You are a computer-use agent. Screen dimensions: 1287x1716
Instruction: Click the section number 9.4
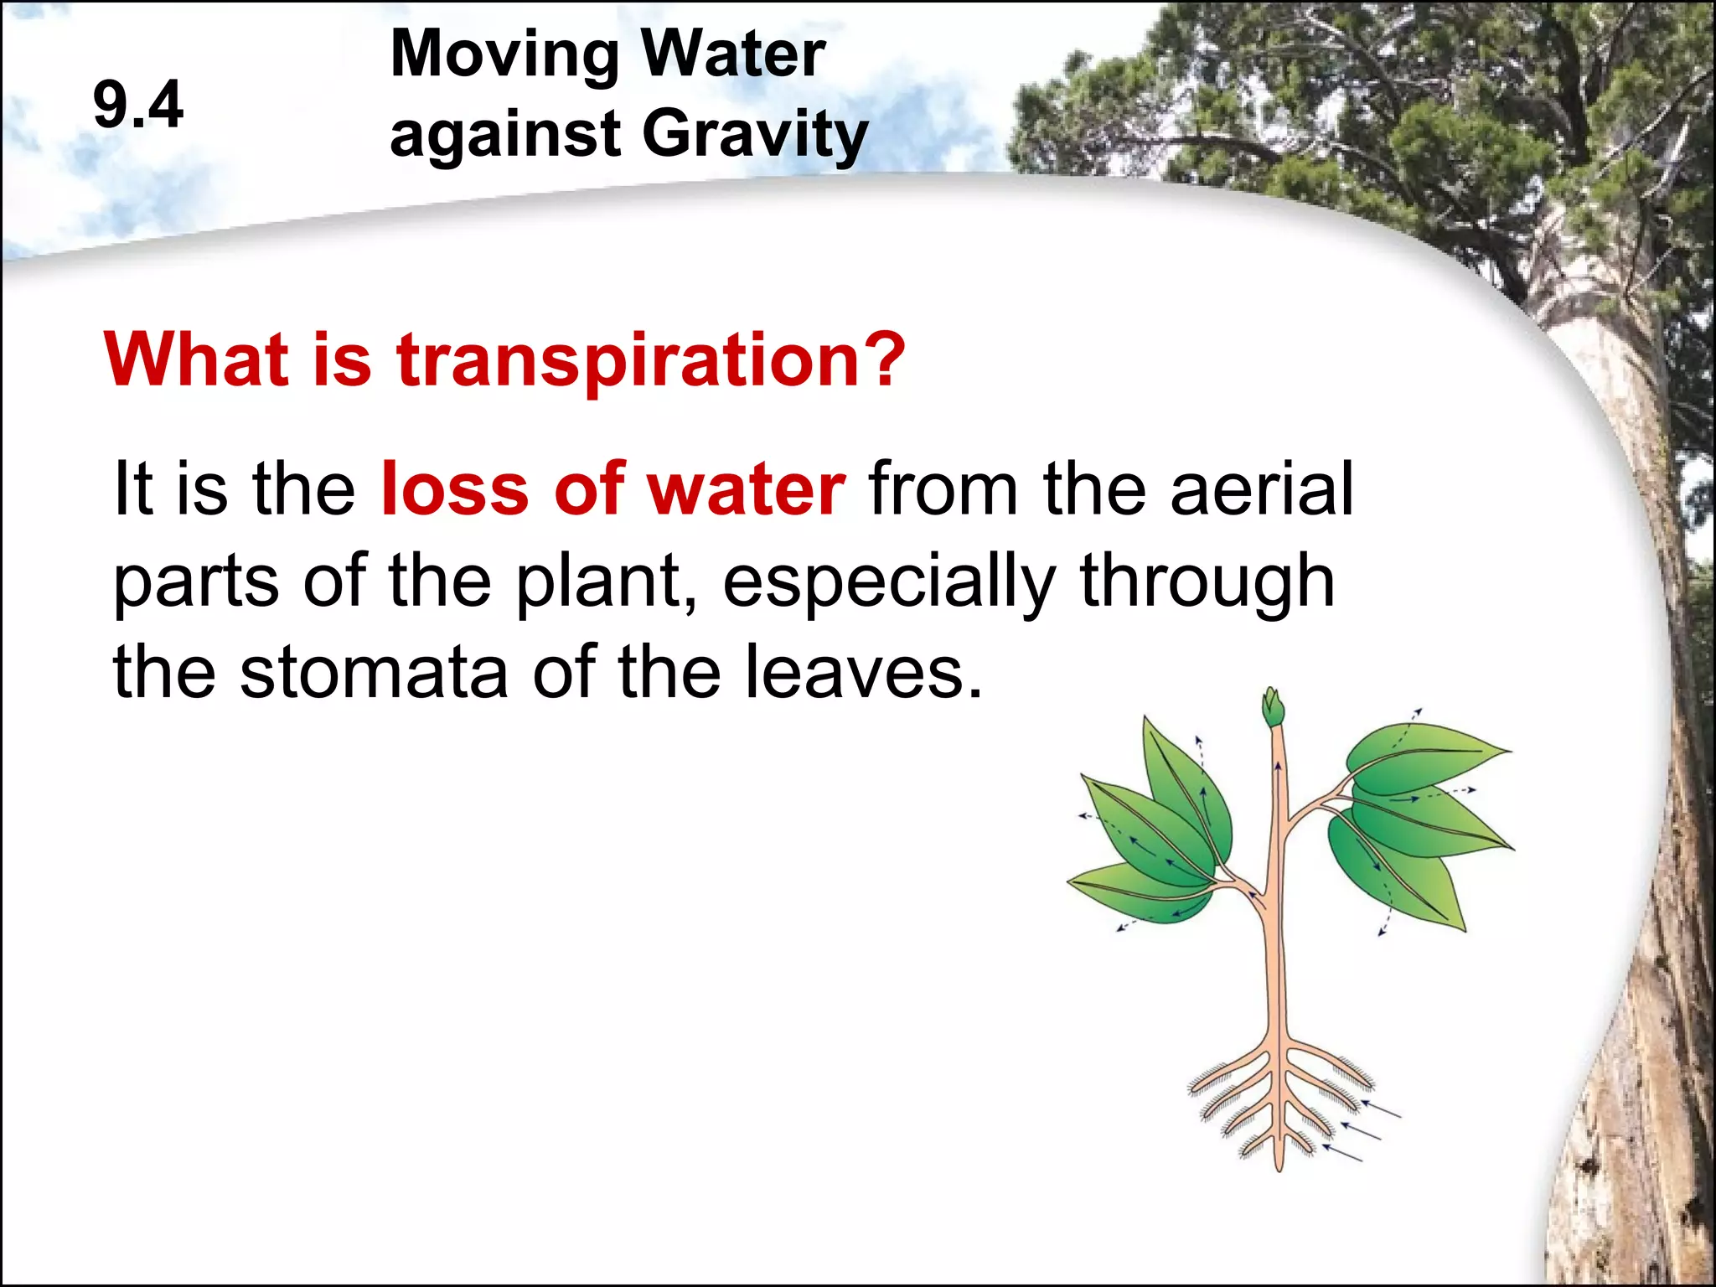(138, 105)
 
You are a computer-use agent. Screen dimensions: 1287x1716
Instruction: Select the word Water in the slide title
(733, 54)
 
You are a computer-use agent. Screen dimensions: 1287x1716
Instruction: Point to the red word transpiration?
(651, 360)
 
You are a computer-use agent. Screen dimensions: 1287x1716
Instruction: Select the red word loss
(454, 489)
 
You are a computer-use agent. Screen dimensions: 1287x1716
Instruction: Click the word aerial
(1261, 489)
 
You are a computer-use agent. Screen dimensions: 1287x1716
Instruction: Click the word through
(1207, 583)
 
